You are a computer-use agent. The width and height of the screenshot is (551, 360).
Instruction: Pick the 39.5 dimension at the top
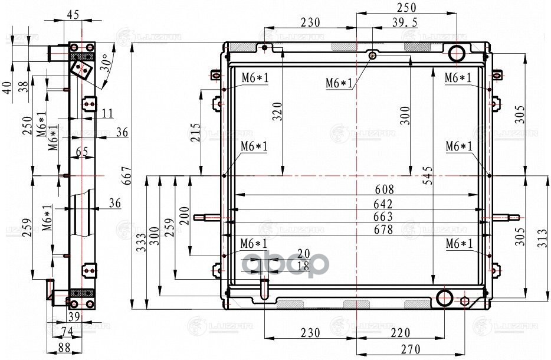405,22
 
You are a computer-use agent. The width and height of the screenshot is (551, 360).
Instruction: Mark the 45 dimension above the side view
74,15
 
